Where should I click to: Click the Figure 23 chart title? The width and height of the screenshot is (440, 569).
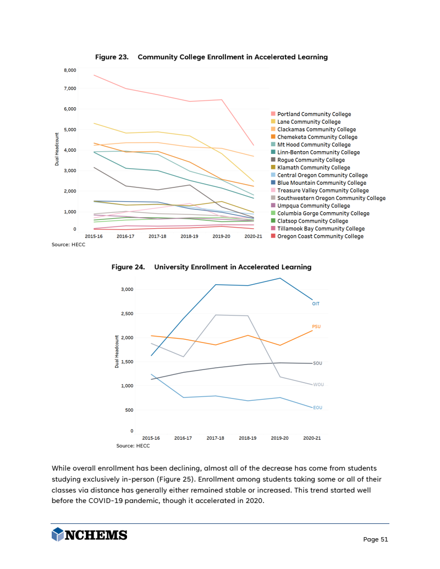coord(211,57)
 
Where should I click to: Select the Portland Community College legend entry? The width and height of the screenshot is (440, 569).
coord(313,114)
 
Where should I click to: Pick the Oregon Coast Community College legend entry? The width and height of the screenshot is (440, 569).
coord(320,236)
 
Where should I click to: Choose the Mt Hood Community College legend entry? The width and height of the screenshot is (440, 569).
coord(313,145)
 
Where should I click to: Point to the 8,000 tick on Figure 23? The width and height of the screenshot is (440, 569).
coord(69,70)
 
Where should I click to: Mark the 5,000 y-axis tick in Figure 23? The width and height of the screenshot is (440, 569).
coord(69,130)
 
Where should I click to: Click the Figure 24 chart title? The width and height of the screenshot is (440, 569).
coord(211,267)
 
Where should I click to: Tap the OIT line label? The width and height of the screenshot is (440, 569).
coord(316,303)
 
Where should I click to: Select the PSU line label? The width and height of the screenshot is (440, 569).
coord(316,327)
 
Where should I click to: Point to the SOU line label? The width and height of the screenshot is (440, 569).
coord(317,363)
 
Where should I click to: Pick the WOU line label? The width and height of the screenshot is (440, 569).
coord(318,385)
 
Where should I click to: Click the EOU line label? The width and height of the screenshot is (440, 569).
coord(317,407)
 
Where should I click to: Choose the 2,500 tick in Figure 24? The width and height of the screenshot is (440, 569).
coord(127,314)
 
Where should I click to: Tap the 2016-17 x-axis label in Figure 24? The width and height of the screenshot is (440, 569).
coord(183,438)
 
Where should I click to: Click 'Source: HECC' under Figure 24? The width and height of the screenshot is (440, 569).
coord(133,446)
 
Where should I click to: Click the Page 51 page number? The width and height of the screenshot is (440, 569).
coord(376,539)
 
